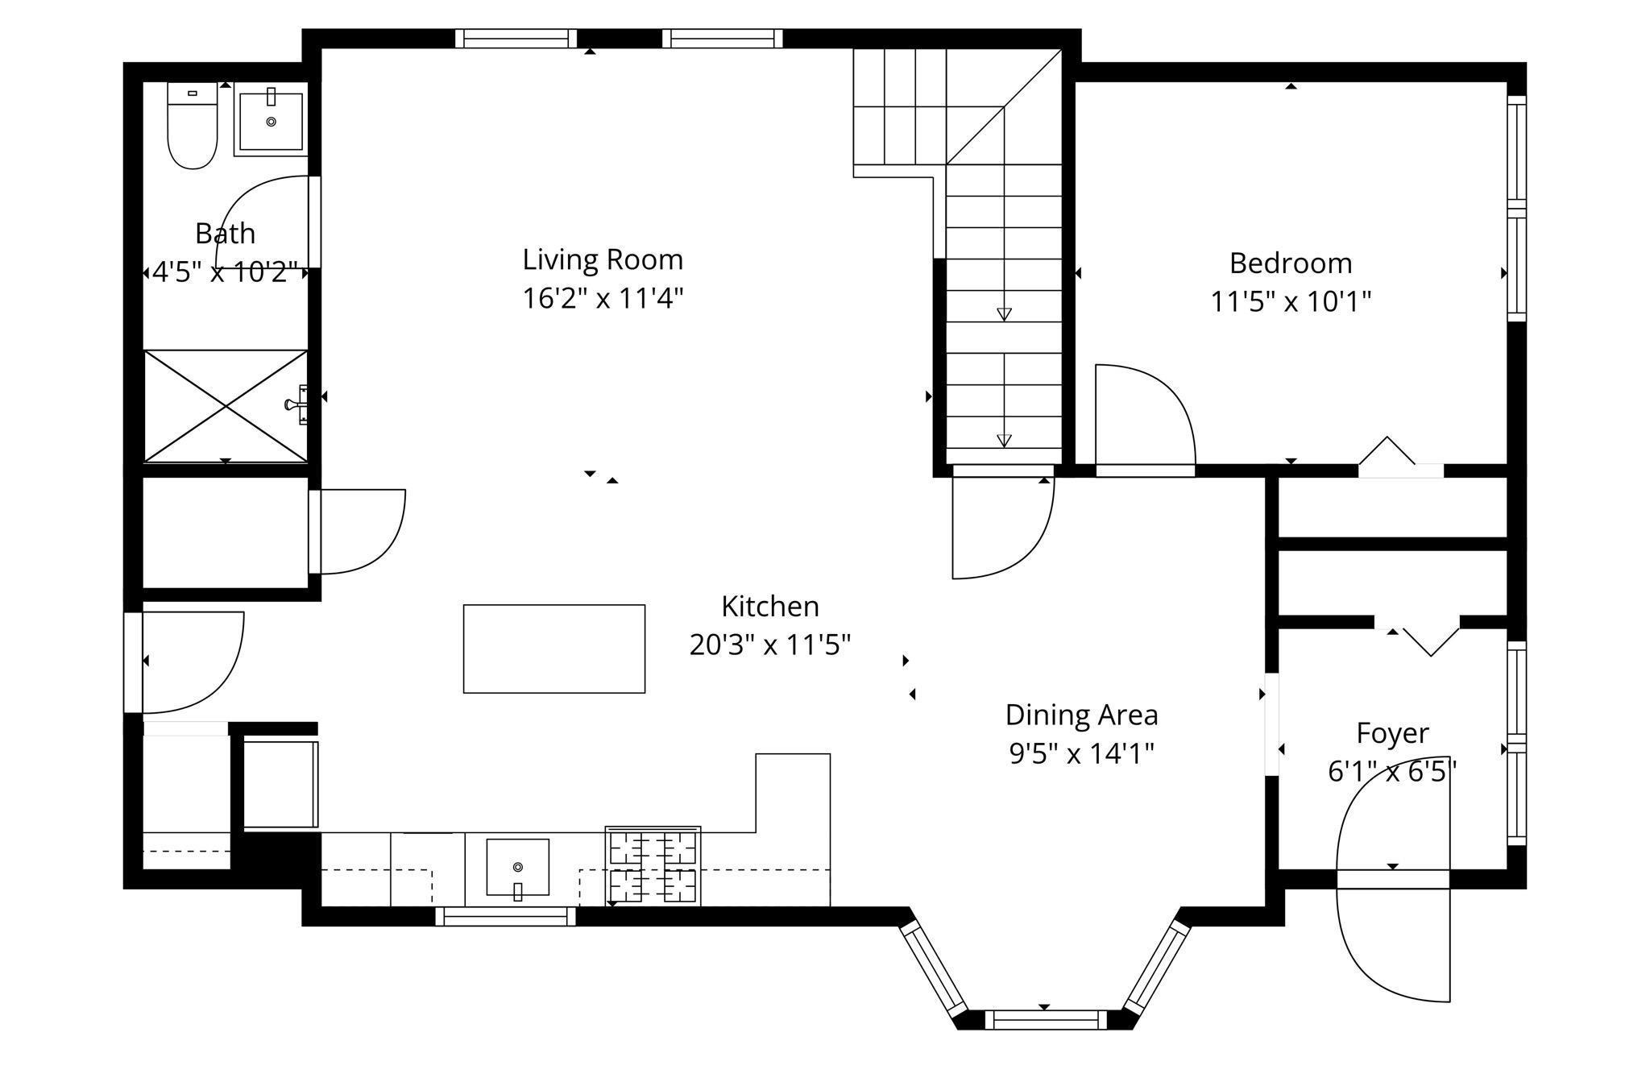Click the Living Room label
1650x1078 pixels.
tap(603, 259)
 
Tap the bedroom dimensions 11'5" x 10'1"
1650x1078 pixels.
tap(1291, 302)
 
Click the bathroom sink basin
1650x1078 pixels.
tap(271, 122)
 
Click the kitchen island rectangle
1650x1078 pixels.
tap(554, 649)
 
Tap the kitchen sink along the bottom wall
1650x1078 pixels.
tap(517, 867)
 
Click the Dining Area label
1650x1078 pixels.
tap(1081, 715)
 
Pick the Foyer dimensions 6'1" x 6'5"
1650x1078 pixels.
tap(1392, 772)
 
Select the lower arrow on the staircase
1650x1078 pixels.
tap(1004, 439)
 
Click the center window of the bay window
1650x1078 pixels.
tap(1045, 1020)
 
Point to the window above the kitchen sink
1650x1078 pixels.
tap(506, 916)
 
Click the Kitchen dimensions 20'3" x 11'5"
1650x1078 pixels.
tap(770, 645)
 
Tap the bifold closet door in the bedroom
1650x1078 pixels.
tap(1387, 453)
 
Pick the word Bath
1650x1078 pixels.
tap(225, 234)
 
